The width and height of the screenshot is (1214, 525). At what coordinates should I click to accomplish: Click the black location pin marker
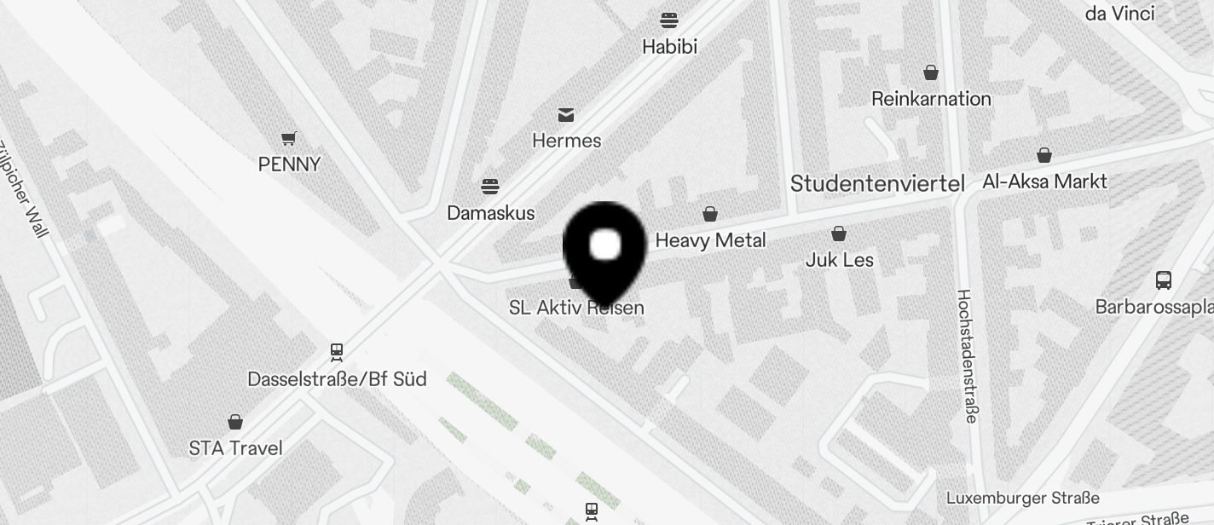point(604,245)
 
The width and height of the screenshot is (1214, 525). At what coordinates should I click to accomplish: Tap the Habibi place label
point(669,47)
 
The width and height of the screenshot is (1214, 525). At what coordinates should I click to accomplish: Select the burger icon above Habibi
point(669,20)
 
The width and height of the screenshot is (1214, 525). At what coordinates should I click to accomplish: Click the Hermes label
point(566,141)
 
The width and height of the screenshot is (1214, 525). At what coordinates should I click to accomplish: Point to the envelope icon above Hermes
point(566,114)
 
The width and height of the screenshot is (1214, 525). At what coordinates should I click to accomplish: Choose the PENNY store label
point(289,164)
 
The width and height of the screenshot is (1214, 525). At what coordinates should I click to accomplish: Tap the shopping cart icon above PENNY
point(289,137)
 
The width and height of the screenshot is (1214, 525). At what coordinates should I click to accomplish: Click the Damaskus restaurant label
point(490,213)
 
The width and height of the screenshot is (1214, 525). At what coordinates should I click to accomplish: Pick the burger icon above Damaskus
point(489,186)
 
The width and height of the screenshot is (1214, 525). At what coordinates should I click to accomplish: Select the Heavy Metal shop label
point(710,241)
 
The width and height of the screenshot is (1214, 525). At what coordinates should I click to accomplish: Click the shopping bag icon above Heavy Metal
point(710,214)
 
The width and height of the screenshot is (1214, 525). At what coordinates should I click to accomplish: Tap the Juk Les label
point(840,260)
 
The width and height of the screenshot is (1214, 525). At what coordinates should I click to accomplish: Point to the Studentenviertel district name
point(877,183)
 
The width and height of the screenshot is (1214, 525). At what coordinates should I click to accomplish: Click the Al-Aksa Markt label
point(1044,182)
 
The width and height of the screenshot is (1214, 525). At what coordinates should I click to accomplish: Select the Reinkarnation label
point(931,99)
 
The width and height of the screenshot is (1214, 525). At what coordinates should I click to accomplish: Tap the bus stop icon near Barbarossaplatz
point(1163,280)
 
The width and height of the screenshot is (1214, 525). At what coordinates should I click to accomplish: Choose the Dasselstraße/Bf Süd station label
point(337,379)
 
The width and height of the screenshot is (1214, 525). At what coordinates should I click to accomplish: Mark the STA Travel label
point(235,448)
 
